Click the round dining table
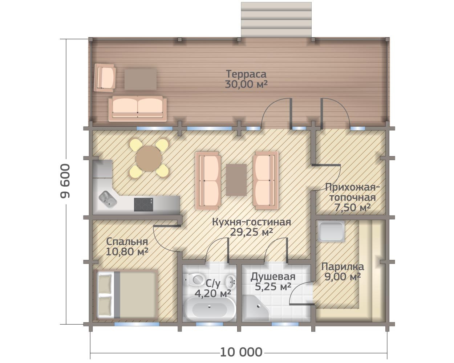tap(149, 159)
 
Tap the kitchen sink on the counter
tap(108, 199)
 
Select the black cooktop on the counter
tap(143, 204)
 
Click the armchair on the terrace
tap(105, 78)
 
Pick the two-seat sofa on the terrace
tap(138, 109)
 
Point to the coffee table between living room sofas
tap(236, 180)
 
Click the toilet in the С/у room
tap(196, 280)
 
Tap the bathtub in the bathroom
tap(210, 309)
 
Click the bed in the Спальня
tap(127, 295)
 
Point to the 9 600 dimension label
tap(65, 181)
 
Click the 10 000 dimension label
tap(241, 352)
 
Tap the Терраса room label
tap(246, 74)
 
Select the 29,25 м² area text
tap(251, 232)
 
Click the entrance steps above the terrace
tap(276, 20)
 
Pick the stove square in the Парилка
tap(331, 231)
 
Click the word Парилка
tap(342, 267)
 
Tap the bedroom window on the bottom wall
tap(137, 324)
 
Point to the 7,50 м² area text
tap(352, 208)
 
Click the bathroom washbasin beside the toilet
tap(231, 282)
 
